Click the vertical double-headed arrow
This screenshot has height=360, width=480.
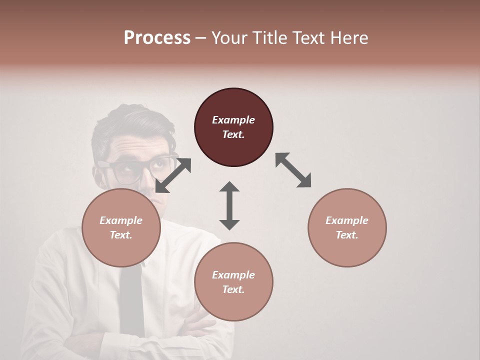[229, 205]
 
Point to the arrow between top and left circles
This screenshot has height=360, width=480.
[173, 175]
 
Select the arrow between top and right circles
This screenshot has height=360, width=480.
[293, 170]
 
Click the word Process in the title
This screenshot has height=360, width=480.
[157, 37]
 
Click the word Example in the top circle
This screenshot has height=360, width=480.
[233, 120]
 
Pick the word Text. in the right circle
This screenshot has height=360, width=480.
[347, 235]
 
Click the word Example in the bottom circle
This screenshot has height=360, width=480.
[233, 275]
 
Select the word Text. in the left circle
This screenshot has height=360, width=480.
[121, 235]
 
